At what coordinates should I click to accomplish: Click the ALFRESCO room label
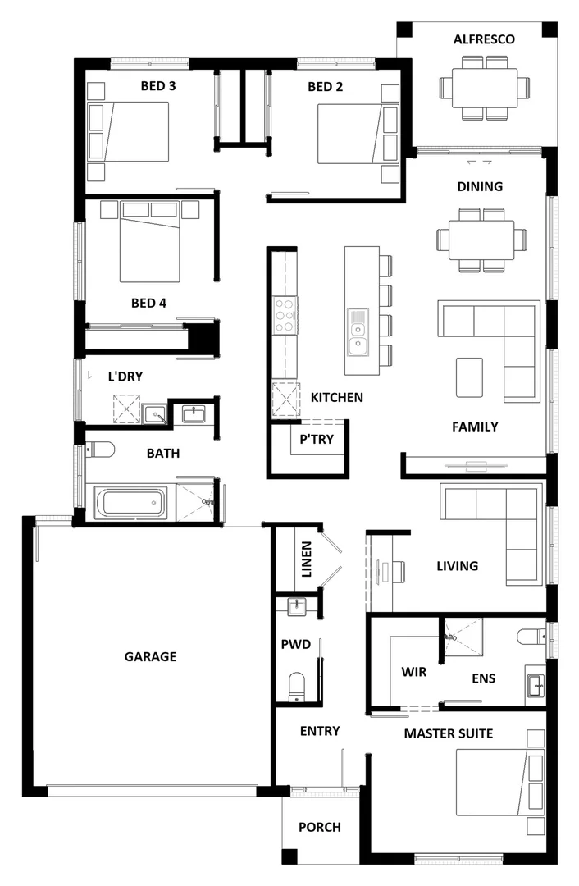(x=484, y=39)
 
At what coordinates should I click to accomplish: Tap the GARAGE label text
(x=150, y=656)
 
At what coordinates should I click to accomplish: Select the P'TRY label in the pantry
(x=316, y=440)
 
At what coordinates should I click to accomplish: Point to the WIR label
(x=413, y=672)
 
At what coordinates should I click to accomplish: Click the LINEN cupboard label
(x=306, y=559)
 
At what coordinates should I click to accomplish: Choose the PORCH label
(x=319, y=827)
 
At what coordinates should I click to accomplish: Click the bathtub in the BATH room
(x=130, y=502)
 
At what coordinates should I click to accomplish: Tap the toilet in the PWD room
(x=297, y=684)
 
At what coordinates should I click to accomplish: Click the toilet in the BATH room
(x=100, y=450)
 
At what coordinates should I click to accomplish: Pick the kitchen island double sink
(x=358, y=333)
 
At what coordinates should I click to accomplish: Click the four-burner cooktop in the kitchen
(x=284, y=315)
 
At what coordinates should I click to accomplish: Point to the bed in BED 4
(x=149, y=244)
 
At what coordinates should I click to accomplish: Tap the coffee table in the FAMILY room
(x=470, y=377)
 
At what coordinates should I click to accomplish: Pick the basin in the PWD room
(x=297, y=607)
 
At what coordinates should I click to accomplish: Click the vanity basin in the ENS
(x=536, y=683)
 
